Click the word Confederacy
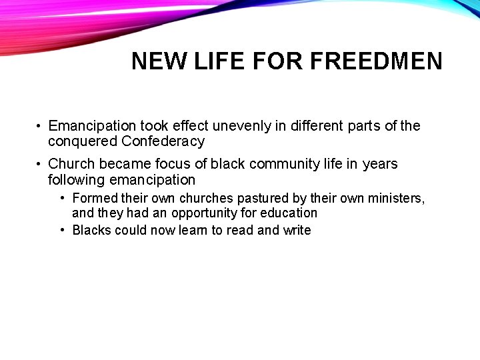tap(163, 141)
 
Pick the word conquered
tap(83, 141)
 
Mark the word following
tap(76, 180)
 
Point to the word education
tap(289, 213)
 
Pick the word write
tap(296, 230)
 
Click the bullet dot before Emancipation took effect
tap(40, 127)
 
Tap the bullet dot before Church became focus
tap(40, 165)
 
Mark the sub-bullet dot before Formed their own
tap(62, 199)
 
